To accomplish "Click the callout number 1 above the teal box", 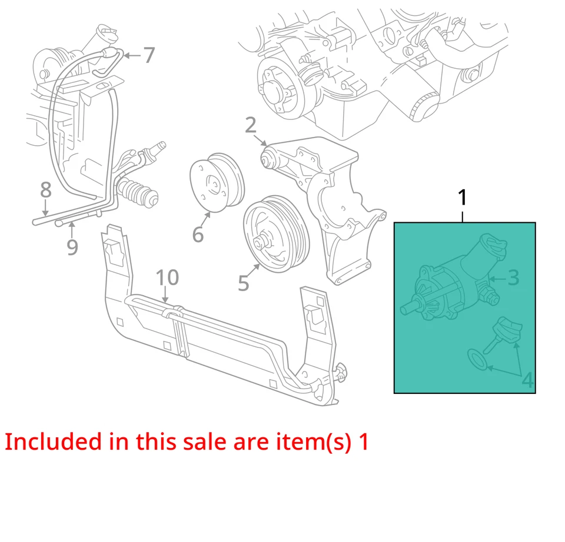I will (x=463, y=198).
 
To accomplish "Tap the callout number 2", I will (x=251, y=125).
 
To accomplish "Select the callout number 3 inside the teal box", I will (x=513, y=277).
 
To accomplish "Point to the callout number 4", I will (x=527, y=381).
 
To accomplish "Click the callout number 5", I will (x=244, y=283).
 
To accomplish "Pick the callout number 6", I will (x=198, y=234).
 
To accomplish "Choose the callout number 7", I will (x=149, y=56).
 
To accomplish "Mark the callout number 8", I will (x=45, y=190).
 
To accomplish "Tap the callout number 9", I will (x=72, y=247).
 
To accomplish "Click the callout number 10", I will (x=167, y=277).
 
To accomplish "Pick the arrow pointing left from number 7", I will (x=132, y=56).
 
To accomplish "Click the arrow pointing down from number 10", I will (x=167, y=296).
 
